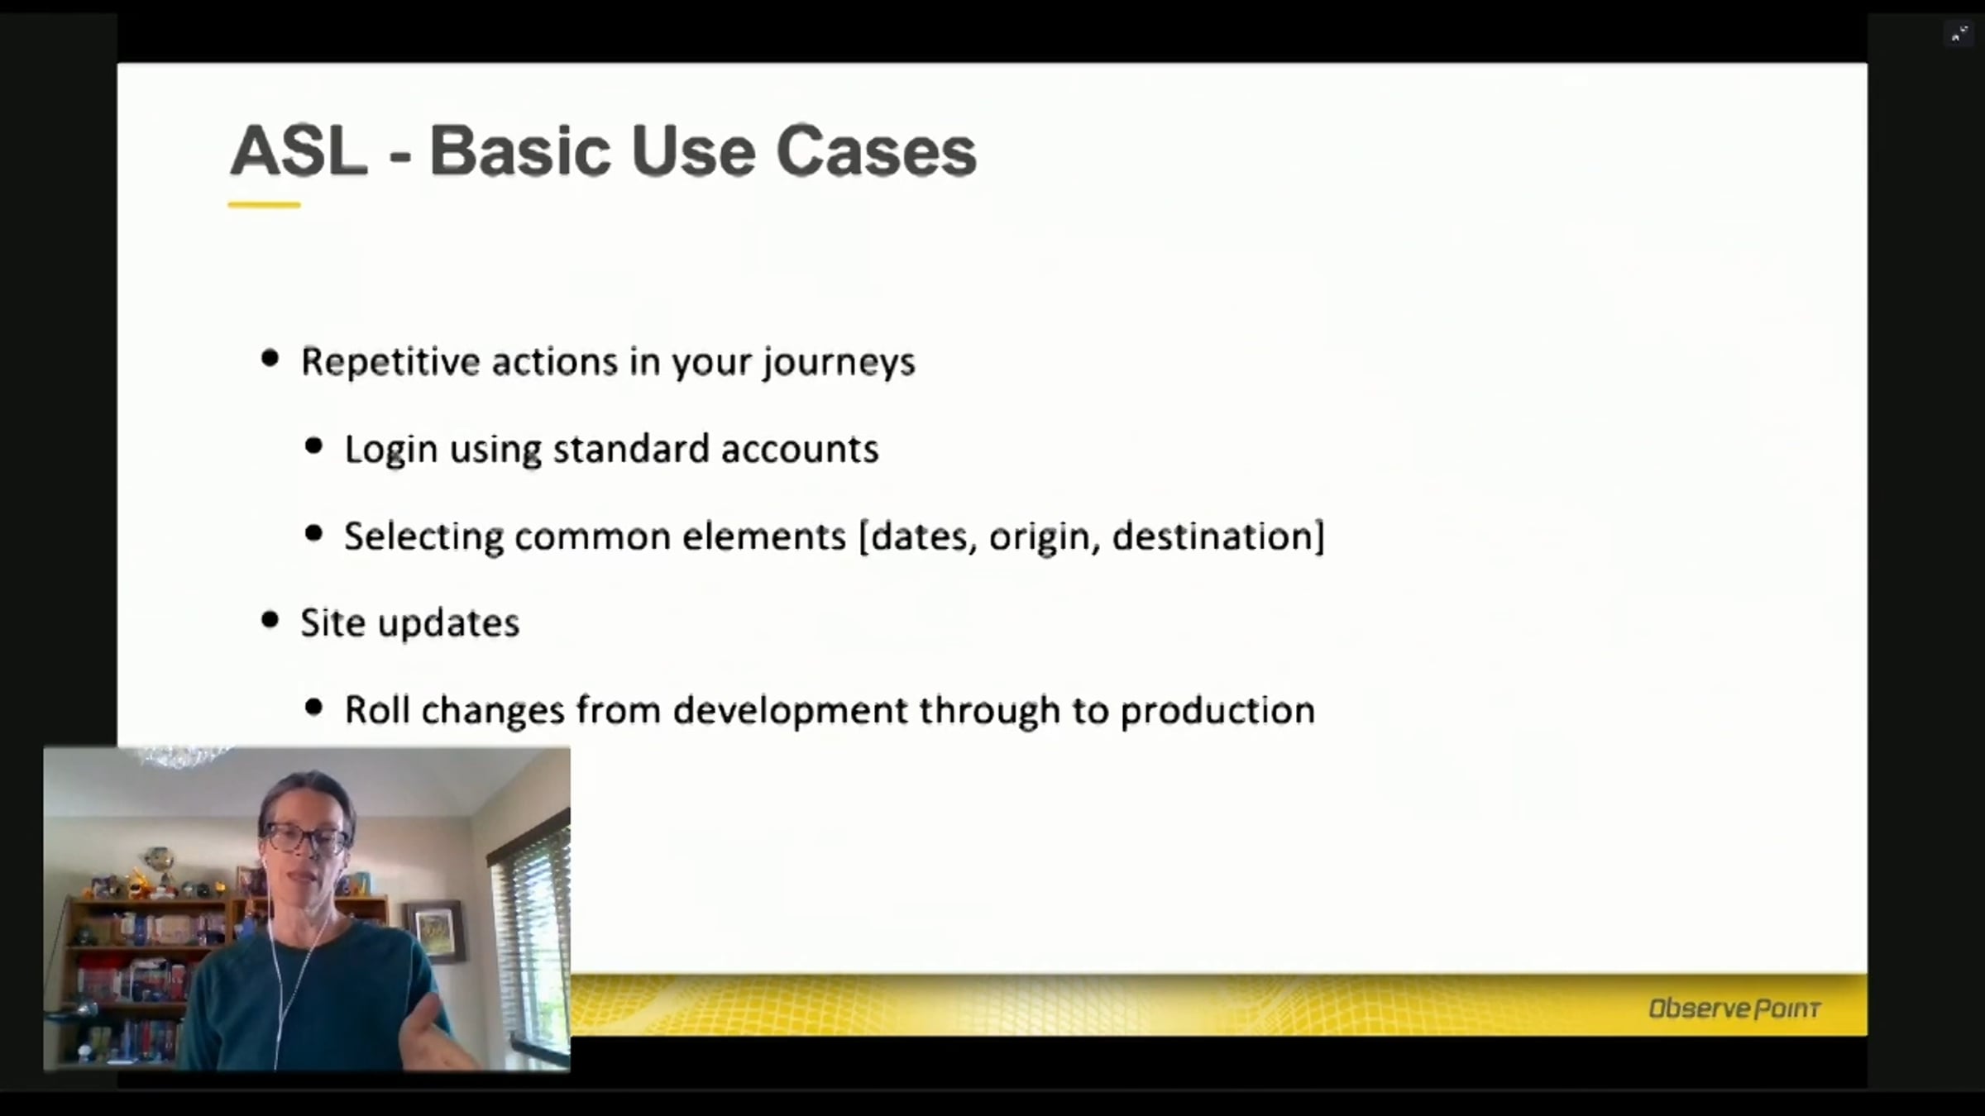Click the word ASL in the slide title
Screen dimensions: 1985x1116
pos(299,150)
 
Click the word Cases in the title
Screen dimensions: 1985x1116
pos(876,150)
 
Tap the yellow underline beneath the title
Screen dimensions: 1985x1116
pos(264,204)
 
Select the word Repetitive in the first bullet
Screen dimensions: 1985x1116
pos(389,363)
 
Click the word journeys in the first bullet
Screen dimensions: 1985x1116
pos(839,363)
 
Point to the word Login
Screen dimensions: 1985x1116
pos(390,450)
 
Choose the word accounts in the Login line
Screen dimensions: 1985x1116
pos(799,449)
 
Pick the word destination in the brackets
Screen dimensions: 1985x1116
pos(1213,537)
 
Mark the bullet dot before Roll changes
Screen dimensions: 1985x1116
pos(313,707)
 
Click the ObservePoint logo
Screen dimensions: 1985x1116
pos(1734,1009)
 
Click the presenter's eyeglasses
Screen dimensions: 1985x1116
pos(305,838)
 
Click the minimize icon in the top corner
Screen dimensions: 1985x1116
pos(1959,34)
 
